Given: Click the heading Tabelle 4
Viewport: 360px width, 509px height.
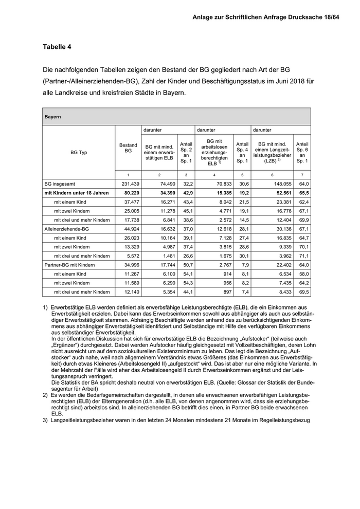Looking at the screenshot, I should coord(57,47).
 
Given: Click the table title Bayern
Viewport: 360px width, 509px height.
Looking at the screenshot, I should coord(53,117).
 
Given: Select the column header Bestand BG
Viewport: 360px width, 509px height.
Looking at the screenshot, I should coord(128,149).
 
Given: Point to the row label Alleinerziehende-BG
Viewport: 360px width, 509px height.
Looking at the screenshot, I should coord(67,229).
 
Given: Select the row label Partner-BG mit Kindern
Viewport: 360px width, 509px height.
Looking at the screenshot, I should coord(70,264).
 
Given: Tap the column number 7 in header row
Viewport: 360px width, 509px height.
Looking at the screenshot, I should coord(302,175).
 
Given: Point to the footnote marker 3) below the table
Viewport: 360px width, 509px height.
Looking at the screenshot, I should coord(46,421).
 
